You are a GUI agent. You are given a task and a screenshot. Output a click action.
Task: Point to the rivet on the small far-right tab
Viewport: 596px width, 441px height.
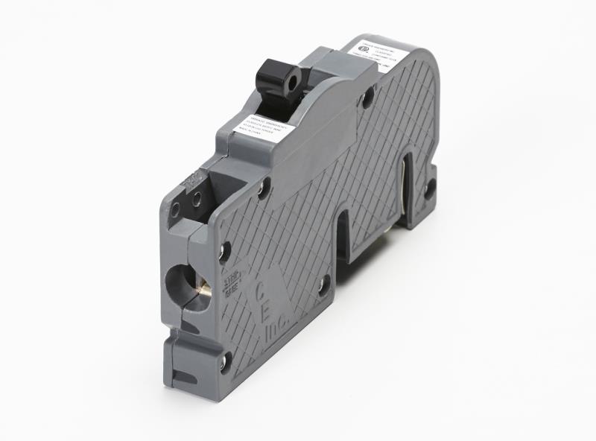pos(430,186)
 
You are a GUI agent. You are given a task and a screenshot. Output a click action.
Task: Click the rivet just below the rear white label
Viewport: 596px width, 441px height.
pos(367,97)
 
